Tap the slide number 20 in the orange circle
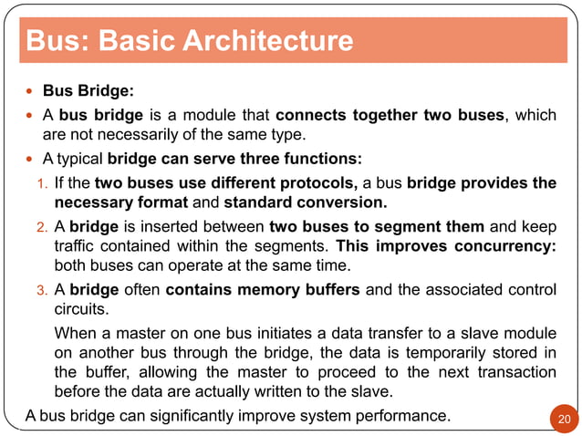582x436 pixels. pyautogui.click(x=563, y=419)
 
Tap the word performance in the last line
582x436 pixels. pyautogui.click(x=395, y=417)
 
